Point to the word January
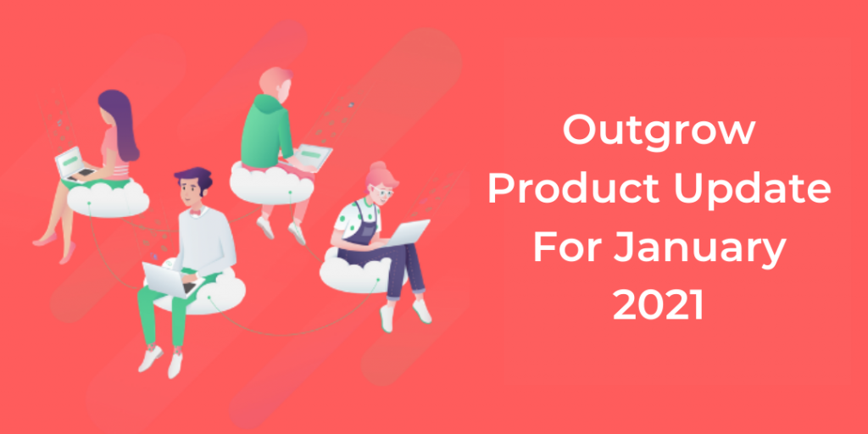pyautogui.click(x=699, y=248)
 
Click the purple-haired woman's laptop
pyautogui.click(x=75, y=164)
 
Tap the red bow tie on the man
pyautogui.click(x=194, y=211)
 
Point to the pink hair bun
pyautogui.click(x=378, y=167)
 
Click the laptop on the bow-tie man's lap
pyautogui.click(x=169, y=280)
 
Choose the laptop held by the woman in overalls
pyautogui.click(x=407, y=233)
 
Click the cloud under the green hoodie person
pyautogui.click(x=270, y=185)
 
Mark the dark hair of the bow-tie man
pyautogui.click(x=194, y=179)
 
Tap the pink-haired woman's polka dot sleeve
pyautogui.click(x=344, y=218)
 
